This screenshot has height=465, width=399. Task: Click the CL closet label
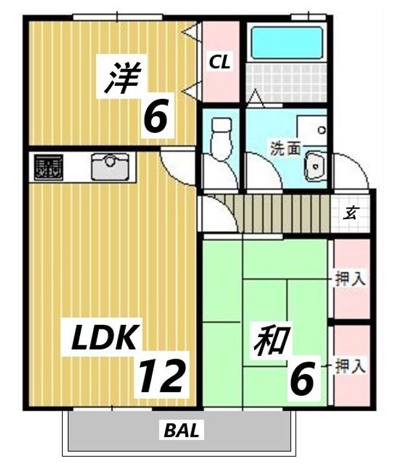(x=220, y=63)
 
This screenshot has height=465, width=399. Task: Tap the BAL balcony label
(x=182, y=429)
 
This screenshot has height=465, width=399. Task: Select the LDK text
(x=104, y=338)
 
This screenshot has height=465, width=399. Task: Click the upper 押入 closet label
(x=350, y=279)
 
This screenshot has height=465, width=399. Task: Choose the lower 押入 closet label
(x=350, y=366)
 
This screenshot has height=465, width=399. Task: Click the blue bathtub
(x=286, y=43)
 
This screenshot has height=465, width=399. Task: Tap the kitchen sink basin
(x=111, y=167)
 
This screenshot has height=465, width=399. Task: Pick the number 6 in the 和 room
(x=302, y=378)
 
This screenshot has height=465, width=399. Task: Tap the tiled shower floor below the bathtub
(x=286, y=82)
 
